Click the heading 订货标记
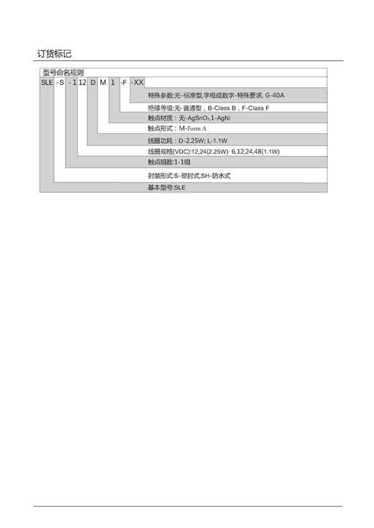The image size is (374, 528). click(x=54, y=54)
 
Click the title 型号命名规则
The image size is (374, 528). click(x=63, y=72)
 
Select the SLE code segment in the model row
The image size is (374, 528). click(x=47, y=82)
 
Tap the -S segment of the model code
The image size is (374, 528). click(x=60, y=82)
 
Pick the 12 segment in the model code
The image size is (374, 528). click(x=82, y=82)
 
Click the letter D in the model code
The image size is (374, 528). click(x=93, y=82)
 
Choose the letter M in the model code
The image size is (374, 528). click(x=103, y=82)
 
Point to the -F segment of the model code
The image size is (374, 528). click(x=123, y=82)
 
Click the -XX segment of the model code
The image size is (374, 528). click(x=137, y=82)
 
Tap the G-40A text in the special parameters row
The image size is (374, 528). click(x=274, y=95)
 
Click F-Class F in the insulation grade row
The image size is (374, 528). click(x=256, y=108)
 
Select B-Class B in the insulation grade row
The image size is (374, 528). click(x=221, y=108)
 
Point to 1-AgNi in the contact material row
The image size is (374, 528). click(x=221, y=118)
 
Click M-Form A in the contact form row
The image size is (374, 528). click(x=193, y=128)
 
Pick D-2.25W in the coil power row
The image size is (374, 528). click(x=191, y=141)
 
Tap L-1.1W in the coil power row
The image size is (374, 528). click(x=217, y=141)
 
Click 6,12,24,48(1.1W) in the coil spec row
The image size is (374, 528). click(x=256, y=151)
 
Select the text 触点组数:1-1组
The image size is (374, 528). click(x=169, y=162)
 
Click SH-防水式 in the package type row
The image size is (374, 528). click(x=216, y=176)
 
